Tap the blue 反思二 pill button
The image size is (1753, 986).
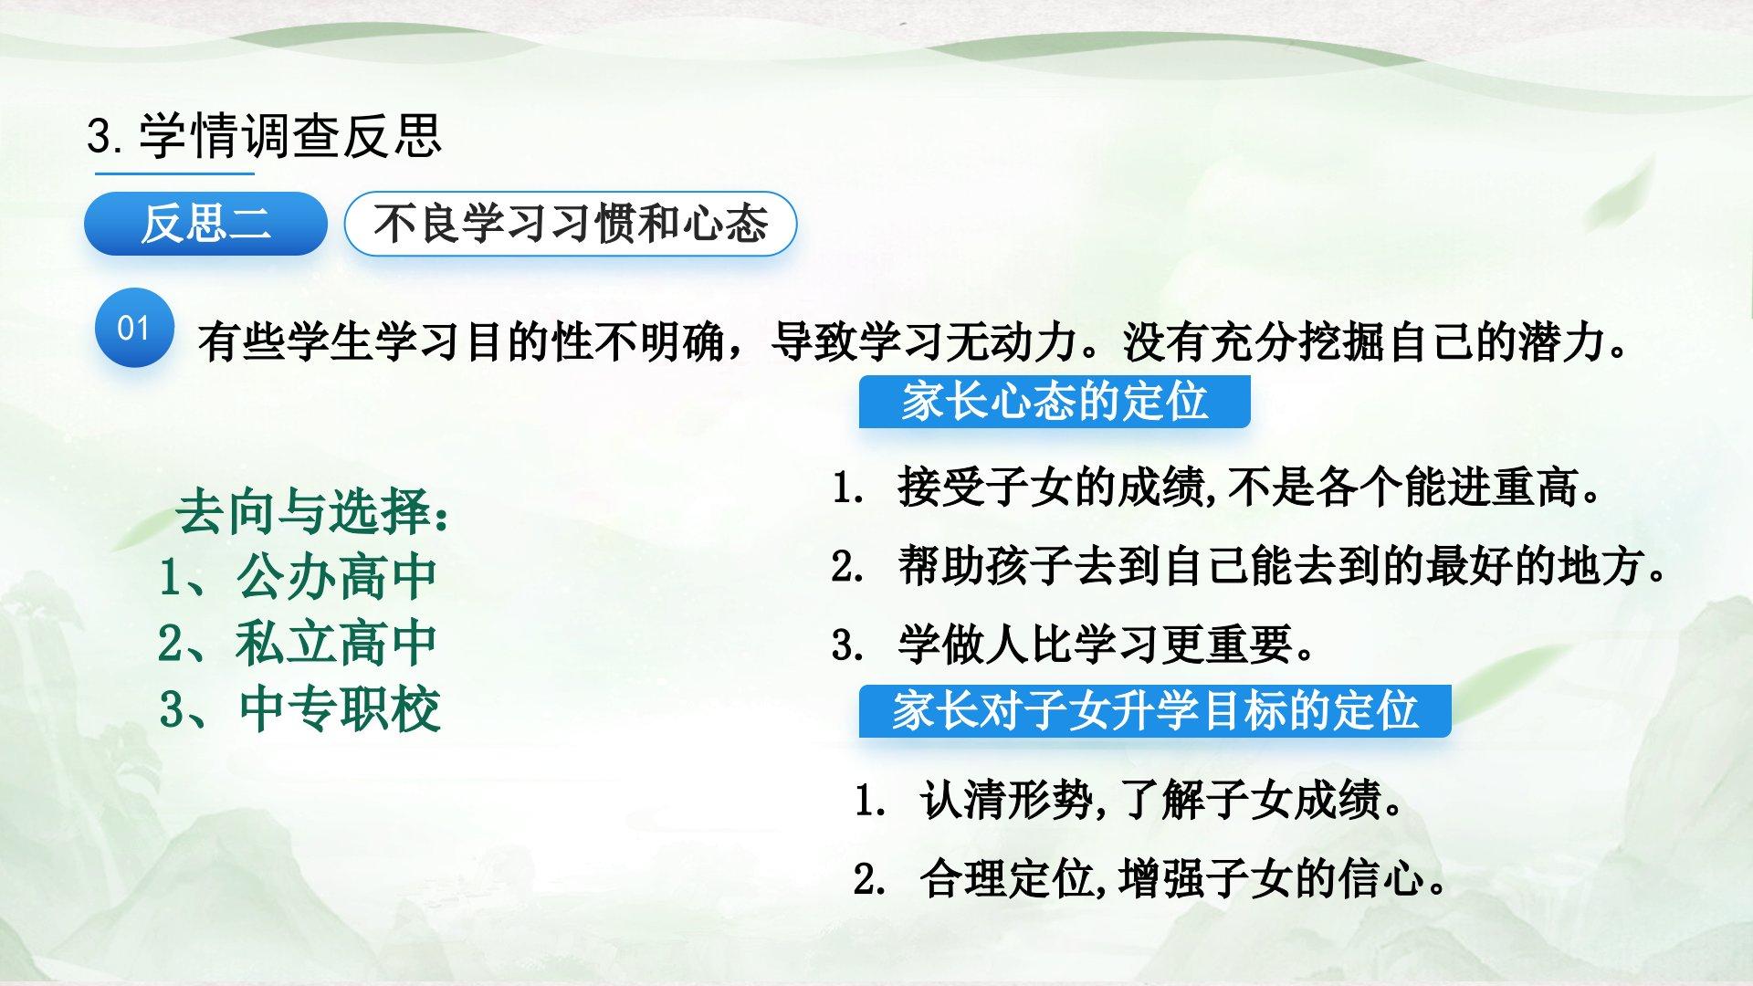tap(205, 224)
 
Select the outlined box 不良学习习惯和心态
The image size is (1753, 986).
tap(571, 224)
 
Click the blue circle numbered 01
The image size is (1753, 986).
tap(134, 329)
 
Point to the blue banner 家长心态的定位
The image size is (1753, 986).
tap(1055, 402)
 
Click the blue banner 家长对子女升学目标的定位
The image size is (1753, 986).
tap(1155, 711)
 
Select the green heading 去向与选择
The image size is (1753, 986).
tap(311, 514)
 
